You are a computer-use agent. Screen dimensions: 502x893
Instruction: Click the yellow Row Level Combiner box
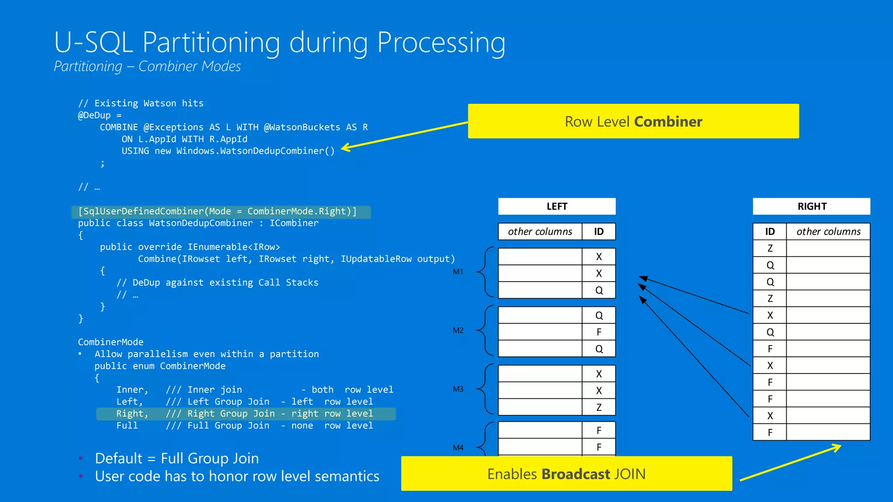633,121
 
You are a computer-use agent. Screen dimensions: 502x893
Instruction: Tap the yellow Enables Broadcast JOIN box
566,474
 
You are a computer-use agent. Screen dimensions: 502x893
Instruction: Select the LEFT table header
557,207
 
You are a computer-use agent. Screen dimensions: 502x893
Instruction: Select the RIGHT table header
811,207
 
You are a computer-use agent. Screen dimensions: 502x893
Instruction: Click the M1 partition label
458,272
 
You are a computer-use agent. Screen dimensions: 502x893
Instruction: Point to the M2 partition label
458,330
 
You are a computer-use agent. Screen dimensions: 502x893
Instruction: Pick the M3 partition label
458,389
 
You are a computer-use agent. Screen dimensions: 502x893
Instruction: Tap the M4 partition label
458,448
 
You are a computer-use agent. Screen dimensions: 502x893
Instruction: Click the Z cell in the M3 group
599,407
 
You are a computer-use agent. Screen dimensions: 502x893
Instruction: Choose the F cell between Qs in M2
599,332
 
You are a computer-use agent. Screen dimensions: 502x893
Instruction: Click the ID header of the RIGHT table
770,232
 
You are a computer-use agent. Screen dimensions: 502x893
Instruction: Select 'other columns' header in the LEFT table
540,232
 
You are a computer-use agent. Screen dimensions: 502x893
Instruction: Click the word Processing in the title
441,43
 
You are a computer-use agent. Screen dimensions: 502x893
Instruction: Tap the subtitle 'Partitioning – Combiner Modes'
147,67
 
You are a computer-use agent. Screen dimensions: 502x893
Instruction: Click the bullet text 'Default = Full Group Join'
177,458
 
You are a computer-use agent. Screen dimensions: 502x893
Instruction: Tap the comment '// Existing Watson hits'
141,103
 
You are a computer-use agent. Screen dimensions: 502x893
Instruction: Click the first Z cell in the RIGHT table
770,248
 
